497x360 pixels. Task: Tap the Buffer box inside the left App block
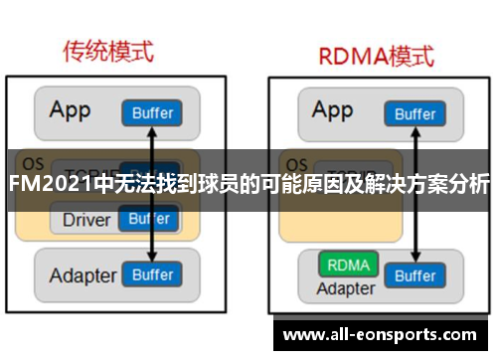150,112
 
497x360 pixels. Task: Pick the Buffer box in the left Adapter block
152,273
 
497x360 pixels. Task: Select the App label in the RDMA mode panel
333,109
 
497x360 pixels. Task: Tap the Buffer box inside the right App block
414,113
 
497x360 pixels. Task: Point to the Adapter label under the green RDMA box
345,288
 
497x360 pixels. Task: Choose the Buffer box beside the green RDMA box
414,275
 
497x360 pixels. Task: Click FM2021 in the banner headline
49,185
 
